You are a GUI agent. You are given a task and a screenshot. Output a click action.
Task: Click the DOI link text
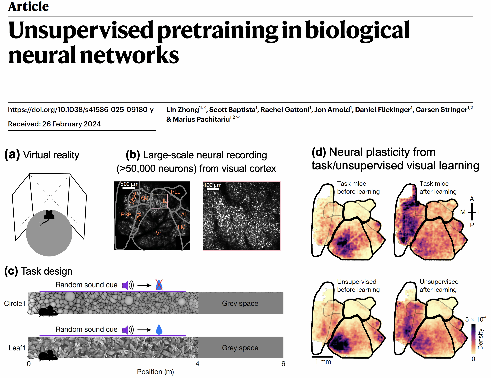coord(81,110)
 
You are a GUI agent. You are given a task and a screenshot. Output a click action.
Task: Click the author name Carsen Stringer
coord(441,110)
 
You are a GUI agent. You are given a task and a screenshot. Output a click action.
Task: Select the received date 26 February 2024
coord(71,124)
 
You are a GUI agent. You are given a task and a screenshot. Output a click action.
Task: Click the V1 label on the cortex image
coord(159,233)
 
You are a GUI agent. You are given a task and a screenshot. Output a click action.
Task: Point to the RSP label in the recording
coord(126,215)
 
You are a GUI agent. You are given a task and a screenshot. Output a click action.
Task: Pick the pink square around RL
coord(160,201)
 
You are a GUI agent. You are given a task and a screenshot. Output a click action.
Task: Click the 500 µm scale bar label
coord(129,184)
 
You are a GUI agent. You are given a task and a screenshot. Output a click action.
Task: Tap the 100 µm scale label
coord(213,185)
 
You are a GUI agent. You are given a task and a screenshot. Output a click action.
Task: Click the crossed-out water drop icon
coord(159,285)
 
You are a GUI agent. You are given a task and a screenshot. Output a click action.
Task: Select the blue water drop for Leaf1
coord(159,329)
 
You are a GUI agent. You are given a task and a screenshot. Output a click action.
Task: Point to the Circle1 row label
coord(15,303)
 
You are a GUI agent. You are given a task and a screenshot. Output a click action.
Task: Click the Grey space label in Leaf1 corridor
coord(240,348)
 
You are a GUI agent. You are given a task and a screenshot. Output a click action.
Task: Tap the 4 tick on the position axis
coord(197,364)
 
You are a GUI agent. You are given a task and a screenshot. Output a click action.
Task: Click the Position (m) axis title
coord(155,372)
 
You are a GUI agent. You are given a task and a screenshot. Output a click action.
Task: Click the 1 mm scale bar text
coord(323,361)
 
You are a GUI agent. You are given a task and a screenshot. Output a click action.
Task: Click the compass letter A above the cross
coord(472,199)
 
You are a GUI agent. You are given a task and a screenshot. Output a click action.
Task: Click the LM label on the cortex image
coord(182,227)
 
